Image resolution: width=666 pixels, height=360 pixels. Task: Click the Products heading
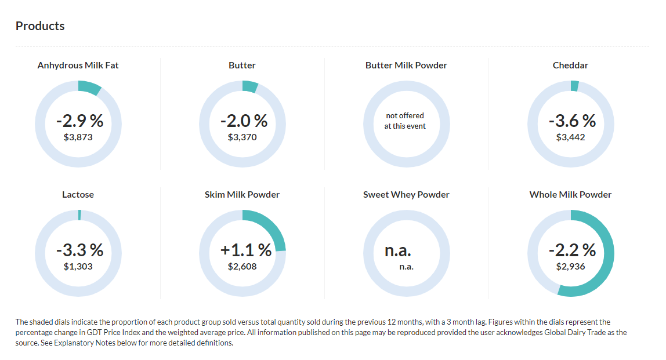click(40, 26)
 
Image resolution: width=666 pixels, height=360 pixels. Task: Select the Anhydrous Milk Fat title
click(78, 66)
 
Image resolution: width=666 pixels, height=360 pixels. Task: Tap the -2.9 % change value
click(79, 121)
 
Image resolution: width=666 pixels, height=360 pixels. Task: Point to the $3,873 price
click(78, 137)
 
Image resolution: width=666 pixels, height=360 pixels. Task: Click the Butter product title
click(242, 66)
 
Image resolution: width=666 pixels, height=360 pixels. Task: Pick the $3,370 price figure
click(242, 137)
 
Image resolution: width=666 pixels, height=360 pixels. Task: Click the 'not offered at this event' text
click(405, 121)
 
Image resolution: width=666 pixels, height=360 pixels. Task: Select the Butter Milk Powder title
click(406, 66)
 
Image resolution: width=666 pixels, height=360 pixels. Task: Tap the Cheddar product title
click(570, 66)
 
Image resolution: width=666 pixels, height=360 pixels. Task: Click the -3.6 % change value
click(572, 121)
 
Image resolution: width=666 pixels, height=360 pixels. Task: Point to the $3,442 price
click(571, 137)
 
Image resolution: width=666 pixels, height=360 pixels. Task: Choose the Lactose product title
click(78, 195)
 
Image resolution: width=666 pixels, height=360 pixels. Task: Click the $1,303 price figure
click(78, 267)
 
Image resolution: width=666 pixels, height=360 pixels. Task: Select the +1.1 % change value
click(246, 250)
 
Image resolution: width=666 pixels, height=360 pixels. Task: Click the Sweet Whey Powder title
click(406, 195)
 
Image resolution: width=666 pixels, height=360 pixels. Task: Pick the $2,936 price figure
click(571, 267)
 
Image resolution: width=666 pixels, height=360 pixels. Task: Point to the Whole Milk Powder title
click(570, 195)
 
